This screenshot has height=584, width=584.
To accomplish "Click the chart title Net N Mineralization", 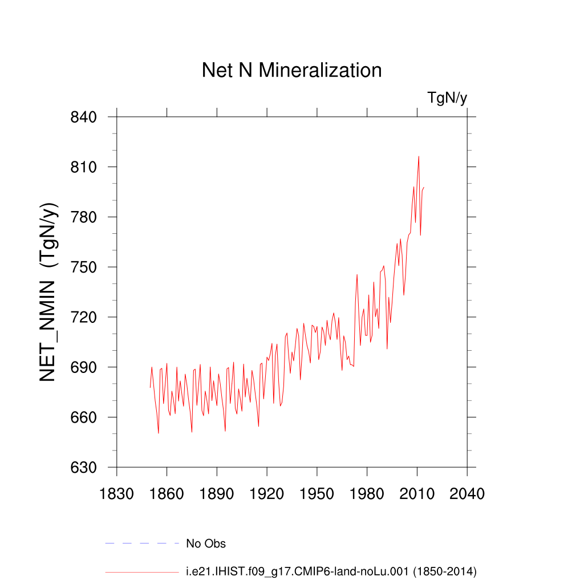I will click(x=291, y=70).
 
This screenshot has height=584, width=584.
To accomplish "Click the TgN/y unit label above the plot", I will click(x=448, y=98).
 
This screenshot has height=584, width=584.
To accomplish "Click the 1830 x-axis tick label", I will click(x=116, y=493).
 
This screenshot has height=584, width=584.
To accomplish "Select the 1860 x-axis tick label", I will click(x=167, y=493).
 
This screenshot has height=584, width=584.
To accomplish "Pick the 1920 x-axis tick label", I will click(x=267, y=493).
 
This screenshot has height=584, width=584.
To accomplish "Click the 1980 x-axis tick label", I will click(x=367, y=493).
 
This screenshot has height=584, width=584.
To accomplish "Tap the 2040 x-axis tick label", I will click(x=467, y=493).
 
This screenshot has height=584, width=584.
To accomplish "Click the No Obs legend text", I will click(x=206, y=544).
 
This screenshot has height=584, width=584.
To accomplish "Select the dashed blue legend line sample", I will click(x=142, y=544).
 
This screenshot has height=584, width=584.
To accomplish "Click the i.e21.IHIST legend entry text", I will click(x=331, y=571).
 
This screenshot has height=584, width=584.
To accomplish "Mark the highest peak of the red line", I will click(x=419, y=156).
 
